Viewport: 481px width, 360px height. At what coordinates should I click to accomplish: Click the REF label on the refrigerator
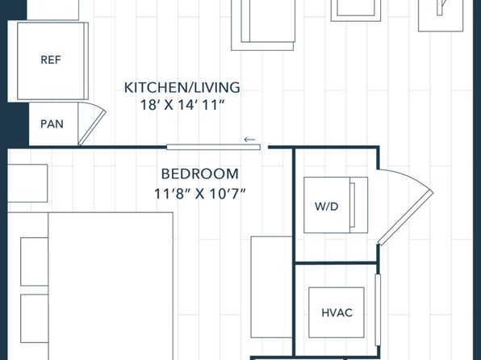click(51, 60)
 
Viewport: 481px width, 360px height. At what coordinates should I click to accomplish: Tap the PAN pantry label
click(52, 124)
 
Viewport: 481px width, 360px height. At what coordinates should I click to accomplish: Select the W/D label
click(326, 207)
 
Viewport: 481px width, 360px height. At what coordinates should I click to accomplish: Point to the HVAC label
click(337, 312)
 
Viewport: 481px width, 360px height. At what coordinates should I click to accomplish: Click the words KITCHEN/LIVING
click(182, 88)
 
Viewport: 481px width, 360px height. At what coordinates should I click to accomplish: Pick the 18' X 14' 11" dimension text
click(182, 105)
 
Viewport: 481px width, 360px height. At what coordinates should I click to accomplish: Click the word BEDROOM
click(199, 174)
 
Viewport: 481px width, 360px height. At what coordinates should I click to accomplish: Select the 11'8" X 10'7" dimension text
click(199, 194)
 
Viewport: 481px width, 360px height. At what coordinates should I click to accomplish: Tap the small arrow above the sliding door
click(249, 140)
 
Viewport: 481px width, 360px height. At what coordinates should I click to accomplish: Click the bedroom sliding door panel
click(214, 148)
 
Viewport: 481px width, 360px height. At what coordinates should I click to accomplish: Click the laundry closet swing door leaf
click(405, 218)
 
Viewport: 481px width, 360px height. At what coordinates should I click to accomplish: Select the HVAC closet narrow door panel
click(378, 310)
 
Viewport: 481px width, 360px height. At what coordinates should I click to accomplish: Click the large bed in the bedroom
click(111, 286)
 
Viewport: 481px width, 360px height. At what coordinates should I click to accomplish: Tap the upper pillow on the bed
click(35, 262)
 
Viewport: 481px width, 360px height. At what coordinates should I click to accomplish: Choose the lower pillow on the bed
click(35, 319)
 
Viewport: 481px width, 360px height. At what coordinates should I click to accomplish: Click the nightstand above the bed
click(27, 183)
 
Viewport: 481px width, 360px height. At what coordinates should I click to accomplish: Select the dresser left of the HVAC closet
click(271, 287)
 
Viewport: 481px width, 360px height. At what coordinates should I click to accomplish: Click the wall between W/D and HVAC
click(336, 262)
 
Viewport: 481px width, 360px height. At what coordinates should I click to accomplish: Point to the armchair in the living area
click(263, 25)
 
